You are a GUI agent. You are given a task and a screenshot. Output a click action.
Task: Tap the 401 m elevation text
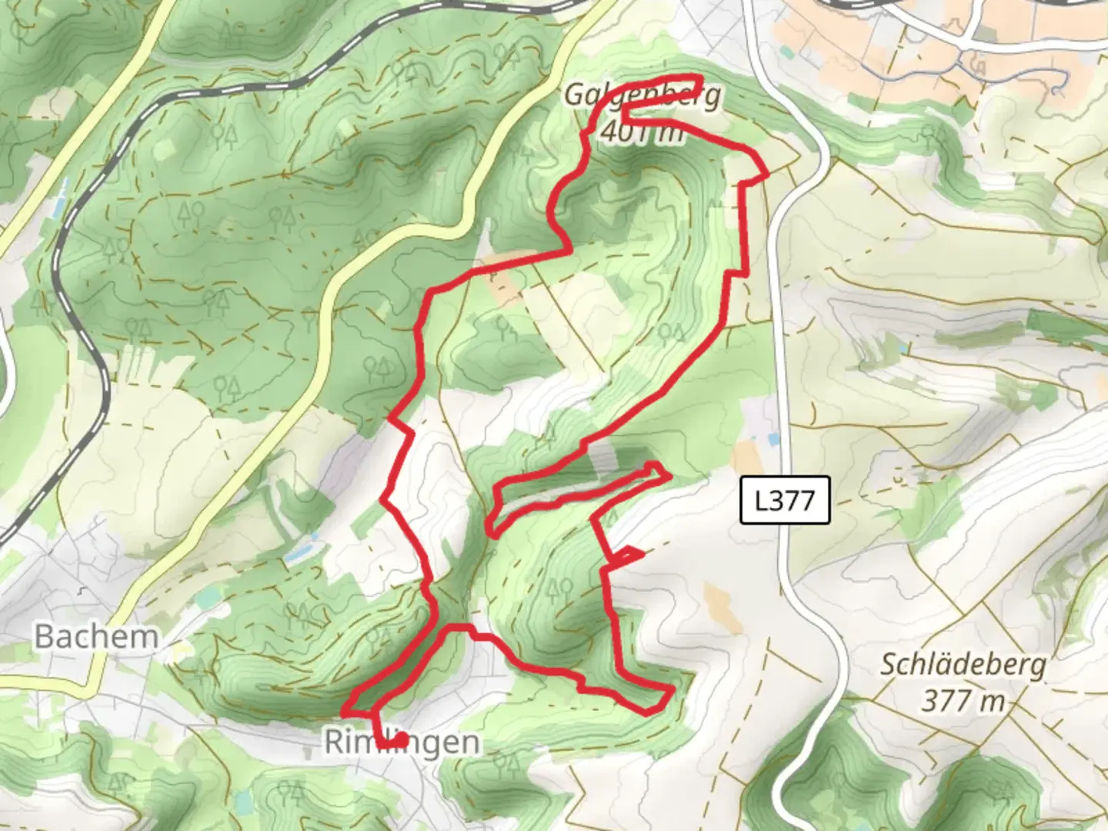click(x=641, y=132)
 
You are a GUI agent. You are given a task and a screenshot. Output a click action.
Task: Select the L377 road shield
click(x=785, y=500)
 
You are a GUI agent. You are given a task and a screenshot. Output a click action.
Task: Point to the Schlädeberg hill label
click(x=963, y=665)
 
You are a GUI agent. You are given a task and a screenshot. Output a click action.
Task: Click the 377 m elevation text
click(x=963, y=700)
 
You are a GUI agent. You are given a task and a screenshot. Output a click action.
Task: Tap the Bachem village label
click(x=96, y=637)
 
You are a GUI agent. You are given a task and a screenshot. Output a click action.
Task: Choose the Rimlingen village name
click(x=402, y=743)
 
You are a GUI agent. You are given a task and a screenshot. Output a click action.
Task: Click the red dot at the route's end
click(x=401, y=739)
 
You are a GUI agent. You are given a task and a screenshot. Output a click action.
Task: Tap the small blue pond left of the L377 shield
click(x=773, y=439)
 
